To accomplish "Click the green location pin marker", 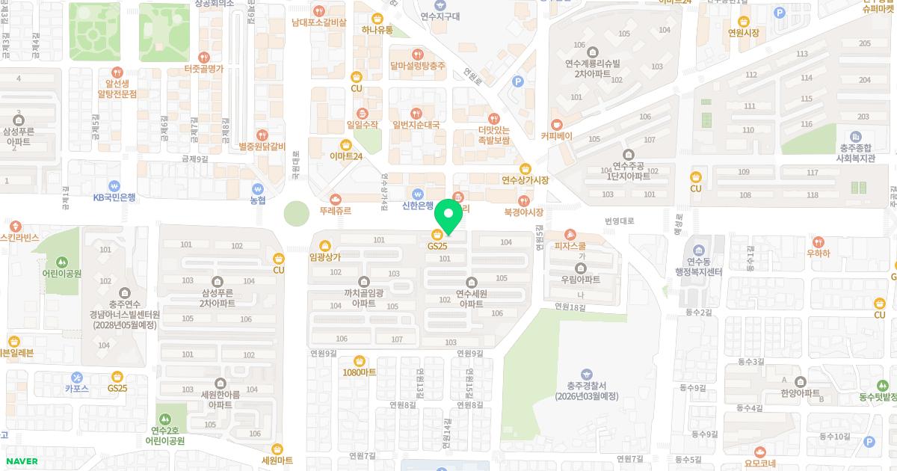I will click(x=449, y=216).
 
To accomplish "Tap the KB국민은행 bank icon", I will click(x=114, y=185).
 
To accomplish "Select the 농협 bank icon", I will click(x=258, y=188).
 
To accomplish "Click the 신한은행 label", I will click(x=418, y=206).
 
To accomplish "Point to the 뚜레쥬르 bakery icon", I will click(x=335, y=199).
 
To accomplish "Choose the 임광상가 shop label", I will click(x=324, y=256).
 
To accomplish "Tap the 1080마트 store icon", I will click(x=360, y=360).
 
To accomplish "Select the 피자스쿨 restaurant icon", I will click(x=570, y=234).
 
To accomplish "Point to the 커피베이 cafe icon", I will click(x=556, y=125).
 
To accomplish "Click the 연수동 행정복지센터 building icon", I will click(x=699, y=249).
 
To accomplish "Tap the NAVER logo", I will click(x=20, y=461).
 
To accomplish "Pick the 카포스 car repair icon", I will click(x=77, y=377).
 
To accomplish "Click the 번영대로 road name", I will click(x=620, y=221).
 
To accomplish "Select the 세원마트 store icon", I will click(x=277, y=448).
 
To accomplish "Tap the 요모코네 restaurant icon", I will click(x=761, y=452).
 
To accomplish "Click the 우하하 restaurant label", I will click(x=818, y=253).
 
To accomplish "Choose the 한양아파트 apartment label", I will click(x=801, y=393).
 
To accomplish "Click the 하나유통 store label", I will click(x=377, y=30).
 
